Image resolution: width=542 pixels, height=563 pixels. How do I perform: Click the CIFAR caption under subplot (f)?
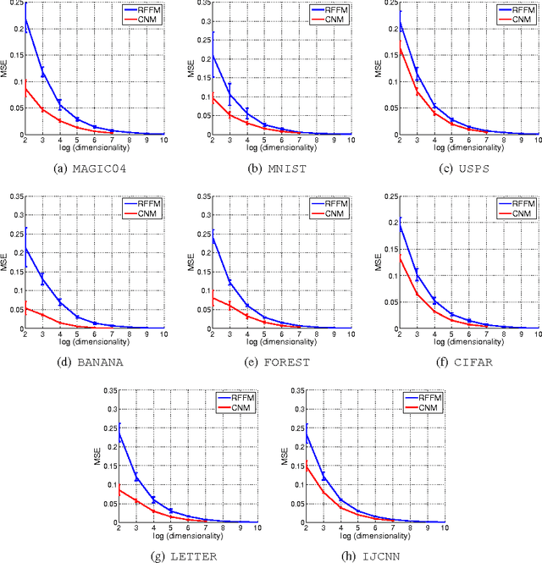(451, 362)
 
